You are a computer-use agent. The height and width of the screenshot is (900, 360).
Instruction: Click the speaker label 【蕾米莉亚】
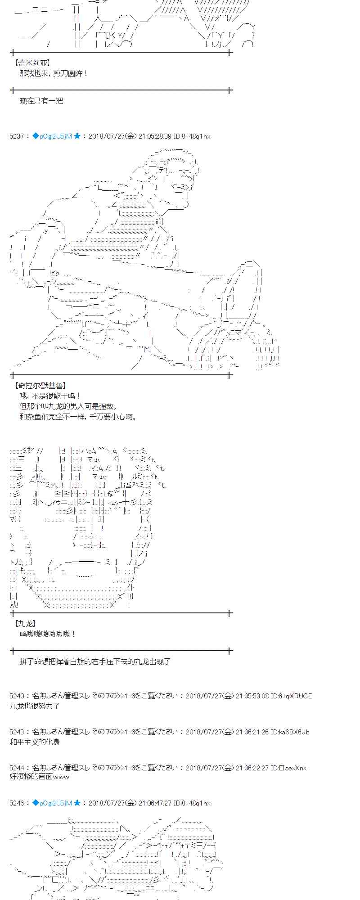click(32, 63)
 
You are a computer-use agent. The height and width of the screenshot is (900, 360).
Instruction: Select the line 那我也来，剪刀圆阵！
click(54, 73)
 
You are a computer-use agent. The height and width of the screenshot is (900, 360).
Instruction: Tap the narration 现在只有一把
click(41, 101)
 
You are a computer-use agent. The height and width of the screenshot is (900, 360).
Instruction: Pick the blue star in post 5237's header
click(77, 136)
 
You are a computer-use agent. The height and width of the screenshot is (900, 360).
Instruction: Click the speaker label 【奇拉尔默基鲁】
click(41, 385)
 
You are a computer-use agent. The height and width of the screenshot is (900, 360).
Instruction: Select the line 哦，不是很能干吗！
click(50, 396)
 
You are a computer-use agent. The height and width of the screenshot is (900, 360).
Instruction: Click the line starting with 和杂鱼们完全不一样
click(78, 416)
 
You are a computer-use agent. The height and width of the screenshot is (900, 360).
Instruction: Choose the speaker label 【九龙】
click(25, 624)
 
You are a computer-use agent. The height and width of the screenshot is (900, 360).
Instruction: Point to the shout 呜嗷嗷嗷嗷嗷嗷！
click(48, 634)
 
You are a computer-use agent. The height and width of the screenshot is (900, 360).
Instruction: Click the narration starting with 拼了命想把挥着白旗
click(95, 661)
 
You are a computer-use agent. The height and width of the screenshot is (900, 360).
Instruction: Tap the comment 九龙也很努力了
click(35, 706)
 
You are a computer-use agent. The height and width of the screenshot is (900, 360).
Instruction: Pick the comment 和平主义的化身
click(35, 742)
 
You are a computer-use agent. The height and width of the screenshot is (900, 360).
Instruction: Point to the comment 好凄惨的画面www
click(39, 778)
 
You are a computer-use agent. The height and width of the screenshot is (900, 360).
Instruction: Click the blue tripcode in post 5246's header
click(52, 803)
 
